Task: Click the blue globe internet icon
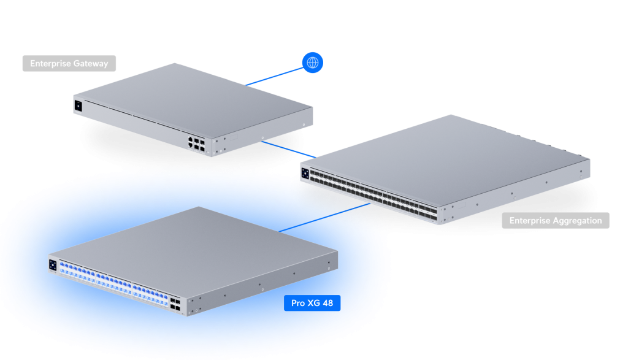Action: coord(312,63)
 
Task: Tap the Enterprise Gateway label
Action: coord(69,63)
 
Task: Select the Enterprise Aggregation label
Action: coord(556,220)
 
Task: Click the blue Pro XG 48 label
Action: coord(312,303)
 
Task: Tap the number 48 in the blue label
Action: coord(327,303)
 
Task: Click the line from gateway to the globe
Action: coord(275,77)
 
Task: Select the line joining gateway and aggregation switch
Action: coord(288,149)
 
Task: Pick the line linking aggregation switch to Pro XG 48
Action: coord(324,218)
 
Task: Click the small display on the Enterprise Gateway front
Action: coord(78,106)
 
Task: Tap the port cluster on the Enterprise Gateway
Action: coord(196,144)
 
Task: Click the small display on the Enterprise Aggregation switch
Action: coord(305,174)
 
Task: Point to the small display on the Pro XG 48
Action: coord(53,265)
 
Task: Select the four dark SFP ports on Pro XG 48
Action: coord(175,304)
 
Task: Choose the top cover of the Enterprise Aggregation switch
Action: coord(445,160)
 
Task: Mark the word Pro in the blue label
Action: coord(298,303)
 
